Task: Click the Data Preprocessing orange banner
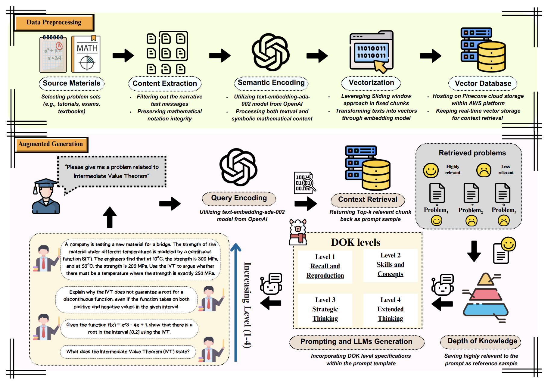[x=54, y=23]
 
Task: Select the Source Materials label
[x=72, y=83]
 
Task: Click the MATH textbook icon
[x=86, y=54]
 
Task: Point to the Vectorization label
[x=371, y=83]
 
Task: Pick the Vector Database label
[x=483, y=83]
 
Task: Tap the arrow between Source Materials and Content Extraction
[x=123, y=55]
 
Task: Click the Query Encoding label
[x=239, y=198]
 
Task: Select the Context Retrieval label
[x=368, y=200]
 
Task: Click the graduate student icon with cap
[x=46, y=196]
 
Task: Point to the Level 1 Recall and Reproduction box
[x=325, y=266]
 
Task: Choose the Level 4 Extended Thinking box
[x=390, y=310]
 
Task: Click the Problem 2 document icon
[x=471, y=193]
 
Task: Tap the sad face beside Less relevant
[x=484, y=170]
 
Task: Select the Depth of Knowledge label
[x=482, y=341]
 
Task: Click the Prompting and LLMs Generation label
[x=356, y=342]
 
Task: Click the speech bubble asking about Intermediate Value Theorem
[x=112, y=172]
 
